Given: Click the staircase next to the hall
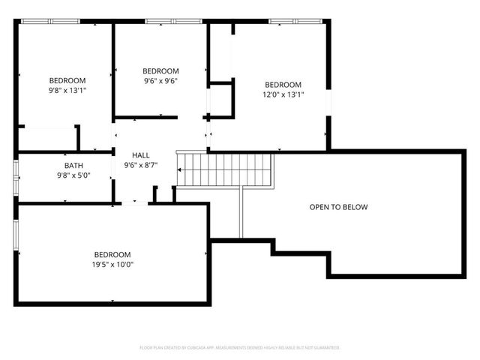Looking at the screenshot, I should pos(224,169).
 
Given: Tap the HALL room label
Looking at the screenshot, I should pos(141,155).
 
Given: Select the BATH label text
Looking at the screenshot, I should pos(73,166).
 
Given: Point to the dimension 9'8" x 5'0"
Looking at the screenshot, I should pos(73,176).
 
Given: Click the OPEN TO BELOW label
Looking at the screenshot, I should pos(339,207).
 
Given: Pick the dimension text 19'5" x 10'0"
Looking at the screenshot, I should pos(112,264).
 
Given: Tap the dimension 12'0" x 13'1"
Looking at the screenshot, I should pos(283,94).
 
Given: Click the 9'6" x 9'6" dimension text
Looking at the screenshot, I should pos(160,81).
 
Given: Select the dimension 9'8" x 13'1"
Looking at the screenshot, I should pos(67,90).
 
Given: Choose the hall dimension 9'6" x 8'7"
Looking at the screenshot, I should pos(141,165).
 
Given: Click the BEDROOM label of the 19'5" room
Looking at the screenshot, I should pos(112,254).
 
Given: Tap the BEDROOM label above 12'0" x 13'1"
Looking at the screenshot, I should pos(283,85).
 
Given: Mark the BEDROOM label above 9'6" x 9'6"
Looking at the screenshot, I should pos(160,71).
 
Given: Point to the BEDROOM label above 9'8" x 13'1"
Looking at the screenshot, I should pos(67,80).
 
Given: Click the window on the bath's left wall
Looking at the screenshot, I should pos(16,177).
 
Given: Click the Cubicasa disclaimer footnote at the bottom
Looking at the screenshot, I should pos(240,348).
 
